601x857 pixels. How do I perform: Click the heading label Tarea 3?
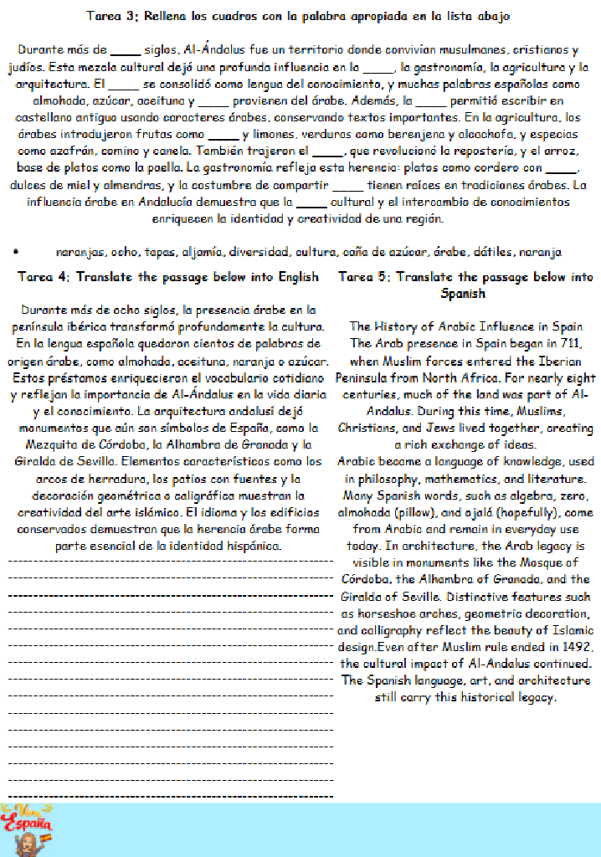pyautogui.click(x=113, y=16)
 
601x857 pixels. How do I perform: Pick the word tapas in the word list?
pyautogui.click(x=158, y=252)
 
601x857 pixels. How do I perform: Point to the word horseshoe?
pyautogui.click(x=377, y=613)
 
